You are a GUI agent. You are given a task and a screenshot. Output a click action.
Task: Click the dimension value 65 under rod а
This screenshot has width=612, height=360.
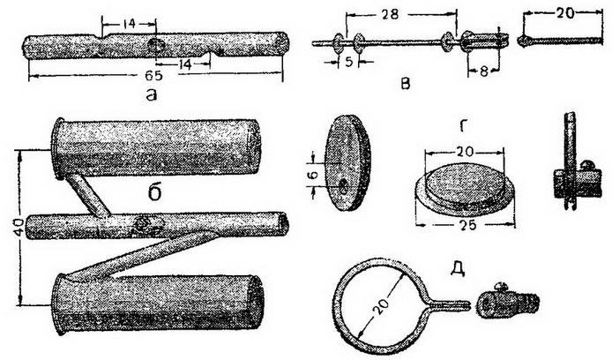coord(154,75)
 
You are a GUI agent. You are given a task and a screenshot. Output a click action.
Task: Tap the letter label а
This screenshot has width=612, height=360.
coord(152,94)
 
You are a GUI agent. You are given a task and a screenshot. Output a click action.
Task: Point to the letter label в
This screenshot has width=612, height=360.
coord(406,84)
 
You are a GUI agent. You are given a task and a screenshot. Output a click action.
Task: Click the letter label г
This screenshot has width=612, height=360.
coord(463,127)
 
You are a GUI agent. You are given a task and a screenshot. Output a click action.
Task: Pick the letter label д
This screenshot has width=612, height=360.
coord(458,268)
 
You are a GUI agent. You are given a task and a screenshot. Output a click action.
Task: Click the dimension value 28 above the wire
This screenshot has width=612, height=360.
coord(391,14)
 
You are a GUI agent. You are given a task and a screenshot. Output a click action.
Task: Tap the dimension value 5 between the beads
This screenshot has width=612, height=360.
coord(349,62)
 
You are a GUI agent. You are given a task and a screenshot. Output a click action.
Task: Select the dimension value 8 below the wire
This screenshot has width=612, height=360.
coord(483,71)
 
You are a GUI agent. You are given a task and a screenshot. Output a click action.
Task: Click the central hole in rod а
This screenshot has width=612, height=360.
coord(156,46)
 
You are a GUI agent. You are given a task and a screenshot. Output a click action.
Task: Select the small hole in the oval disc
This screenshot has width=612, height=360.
coord(343,186)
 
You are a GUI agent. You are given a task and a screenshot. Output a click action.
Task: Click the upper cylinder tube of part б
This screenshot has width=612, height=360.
coord(157,147)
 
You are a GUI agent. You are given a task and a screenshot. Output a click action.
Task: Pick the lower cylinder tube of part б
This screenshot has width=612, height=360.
coord(158,303)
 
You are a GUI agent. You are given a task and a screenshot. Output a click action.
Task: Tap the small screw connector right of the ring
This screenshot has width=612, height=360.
coord(508,300)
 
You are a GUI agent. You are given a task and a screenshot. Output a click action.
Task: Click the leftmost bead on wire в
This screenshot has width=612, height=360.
coord(338,43)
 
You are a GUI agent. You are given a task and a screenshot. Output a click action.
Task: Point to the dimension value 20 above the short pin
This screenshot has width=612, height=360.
coord(564,13)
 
